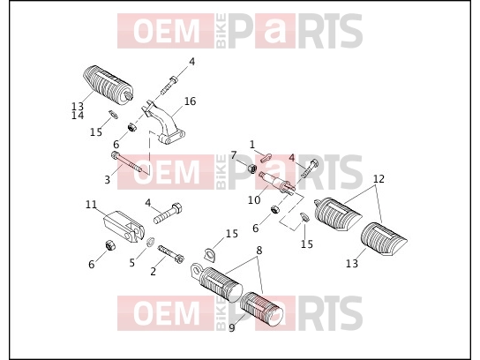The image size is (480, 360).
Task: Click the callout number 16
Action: pyautogui.click(x=190, y=101)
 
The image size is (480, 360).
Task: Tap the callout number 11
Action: pyautogui.click(x=91, y=204)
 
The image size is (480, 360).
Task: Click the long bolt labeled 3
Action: pyautogui.click(x=127, y=161)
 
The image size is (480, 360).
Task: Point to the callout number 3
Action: pyautogui.click(x=107, y=180)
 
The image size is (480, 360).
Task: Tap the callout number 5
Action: pyautogui.click(x=132, y=263)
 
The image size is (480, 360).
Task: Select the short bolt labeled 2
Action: pyautogui.click(x=171, y=253)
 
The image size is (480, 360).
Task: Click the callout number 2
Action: pyautogui.click(x=153, y=271)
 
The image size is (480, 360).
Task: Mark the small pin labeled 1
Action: pyautogui.click(x=266, y=158)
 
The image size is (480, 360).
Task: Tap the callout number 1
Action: pyautogui.click(x=252, y=144)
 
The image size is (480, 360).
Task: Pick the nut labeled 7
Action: pyautogui.click(x=251, y=169)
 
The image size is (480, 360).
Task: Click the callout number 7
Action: pyautogui.click(x=234, y=155)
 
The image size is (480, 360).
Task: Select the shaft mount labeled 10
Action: pyautogui.click(x=277, y=183)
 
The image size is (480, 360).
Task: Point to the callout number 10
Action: pyautogui.click(x=254, y=200)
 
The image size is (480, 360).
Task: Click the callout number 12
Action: pyautogui.click(x=379, y=179)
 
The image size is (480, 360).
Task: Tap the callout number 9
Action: pyautogui.click(x=232, y=328)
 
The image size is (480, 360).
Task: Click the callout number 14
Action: pyautogui.click(x=78, y=116)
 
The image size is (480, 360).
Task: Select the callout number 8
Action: pyautogui.click(x=259, y=251)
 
